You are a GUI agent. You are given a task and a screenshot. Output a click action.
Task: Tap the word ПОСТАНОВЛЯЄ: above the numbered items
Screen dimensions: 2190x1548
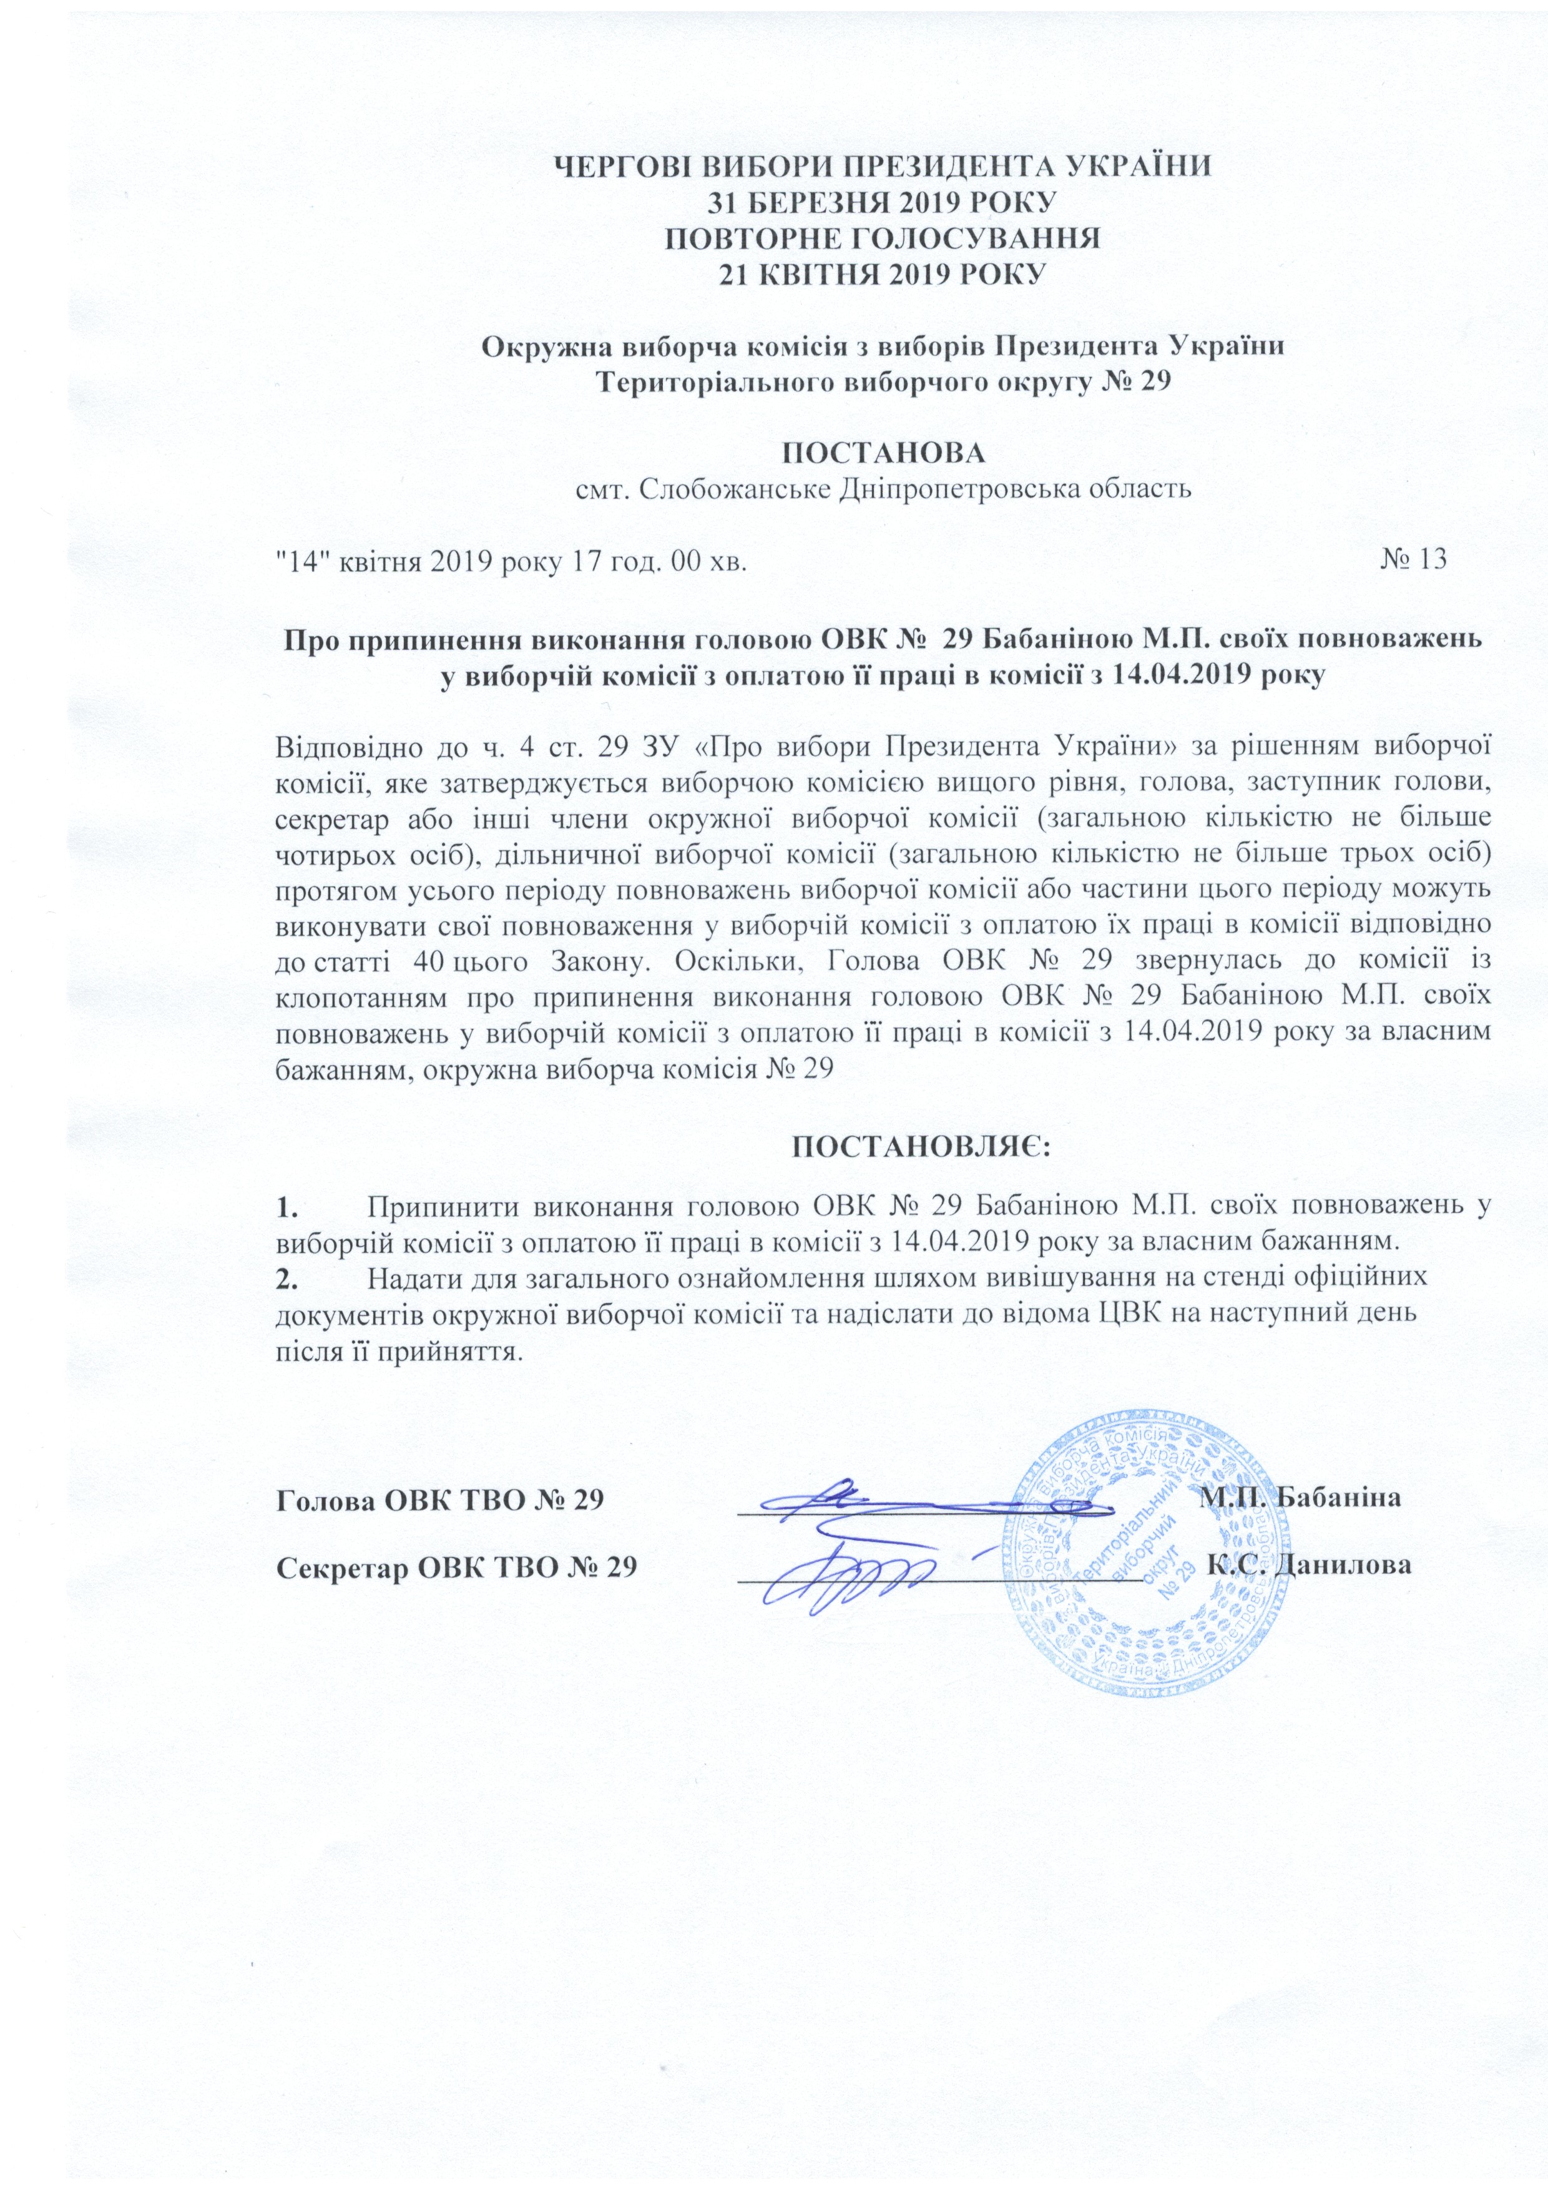click(x=921, y=1144)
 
